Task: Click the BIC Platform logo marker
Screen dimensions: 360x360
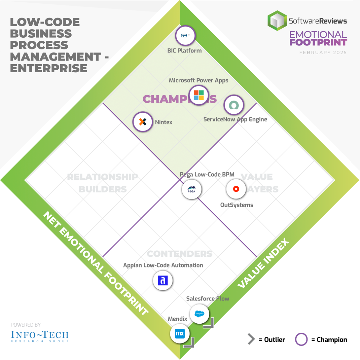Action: [x=185, y=36]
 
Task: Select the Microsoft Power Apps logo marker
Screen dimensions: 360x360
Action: [x=199, y=95]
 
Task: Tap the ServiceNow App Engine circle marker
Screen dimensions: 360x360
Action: [x=233, y=105]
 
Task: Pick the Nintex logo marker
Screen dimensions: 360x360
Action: [x=143, y=122]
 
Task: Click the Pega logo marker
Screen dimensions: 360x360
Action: [x=191, y=189]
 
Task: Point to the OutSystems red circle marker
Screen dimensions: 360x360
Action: [x=236, y=189]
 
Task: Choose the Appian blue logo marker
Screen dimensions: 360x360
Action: [x=163, y=280]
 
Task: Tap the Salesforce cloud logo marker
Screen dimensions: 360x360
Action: [x=199, y=314]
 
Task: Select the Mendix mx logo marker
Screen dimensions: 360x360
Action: [x=180, y=334]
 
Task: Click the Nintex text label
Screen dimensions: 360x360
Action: [x=164, y=122]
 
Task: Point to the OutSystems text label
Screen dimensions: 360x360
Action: [x=237, y=205]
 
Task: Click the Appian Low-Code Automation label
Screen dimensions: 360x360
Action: [x=163, y=265]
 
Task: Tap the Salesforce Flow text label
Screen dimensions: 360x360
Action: [x=208, y=298]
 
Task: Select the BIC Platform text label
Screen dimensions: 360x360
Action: [x=184, y=51]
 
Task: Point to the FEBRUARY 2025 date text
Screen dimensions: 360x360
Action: [x=323, y=52]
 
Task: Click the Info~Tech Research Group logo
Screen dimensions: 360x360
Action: [x=39, y=335]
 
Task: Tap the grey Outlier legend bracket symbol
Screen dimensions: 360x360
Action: [x=251, y=339]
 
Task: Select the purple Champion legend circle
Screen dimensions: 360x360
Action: [x=301, y=339]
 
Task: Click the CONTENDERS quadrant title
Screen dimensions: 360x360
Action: [x=180, y=254]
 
